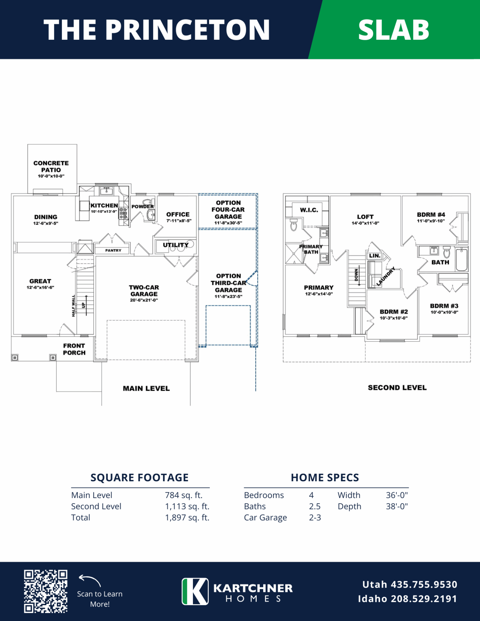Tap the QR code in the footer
pos(46,591)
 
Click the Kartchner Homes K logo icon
pos(195,591)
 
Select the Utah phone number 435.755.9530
pos(424,584)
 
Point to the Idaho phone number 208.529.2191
pos(424,599)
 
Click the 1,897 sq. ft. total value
pos(187,517)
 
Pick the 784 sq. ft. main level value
pos(184,495)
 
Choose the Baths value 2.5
pos(315,507)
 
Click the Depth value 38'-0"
pos(397,506)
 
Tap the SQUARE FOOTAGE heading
pos(140,477)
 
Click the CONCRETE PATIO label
pos(51,167)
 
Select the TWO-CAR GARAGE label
pos(144,290)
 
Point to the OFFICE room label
pos(178,214)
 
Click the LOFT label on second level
pos(365,217)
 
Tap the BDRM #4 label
pos(431,214)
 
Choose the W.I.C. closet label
pos(309,210)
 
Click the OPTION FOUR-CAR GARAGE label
pos(228,210)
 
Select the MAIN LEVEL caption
pos(146,388)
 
